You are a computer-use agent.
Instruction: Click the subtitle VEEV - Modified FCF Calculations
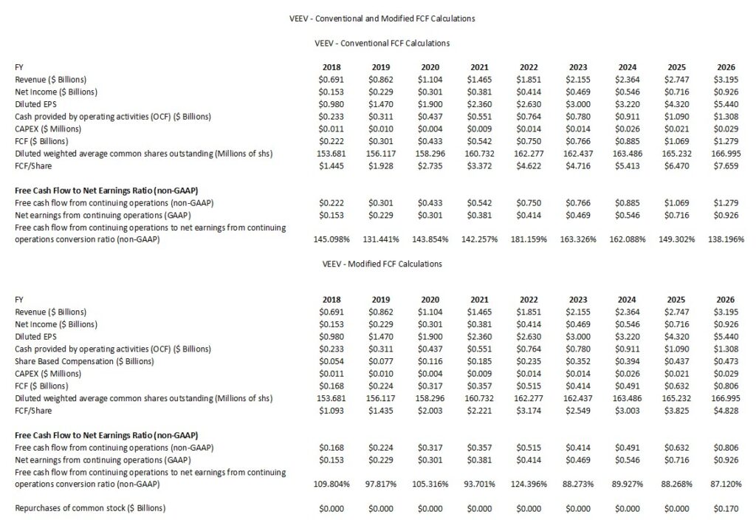(x=382, y=264)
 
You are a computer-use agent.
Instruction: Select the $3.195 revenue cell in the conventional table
(x=729, y=79)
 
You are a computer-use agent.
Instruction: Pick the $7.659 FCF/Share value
(x=729, y=165)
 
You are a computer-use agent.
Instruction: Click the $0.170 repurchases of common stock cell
(x=729, y=508)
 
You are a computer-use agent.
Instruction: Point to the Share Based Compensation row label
(x=84, y=361)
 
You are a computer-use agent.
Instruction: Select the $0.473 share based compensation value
(x=729, y=361)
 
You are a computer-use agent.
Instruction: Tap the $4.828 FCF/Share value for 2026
(x=729, y=410)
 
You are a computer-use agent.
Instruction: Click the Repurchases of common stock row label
(x=90, y=508)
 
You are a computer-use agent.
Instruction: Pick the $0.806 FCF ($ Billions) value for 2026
(x=729, y=386)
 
